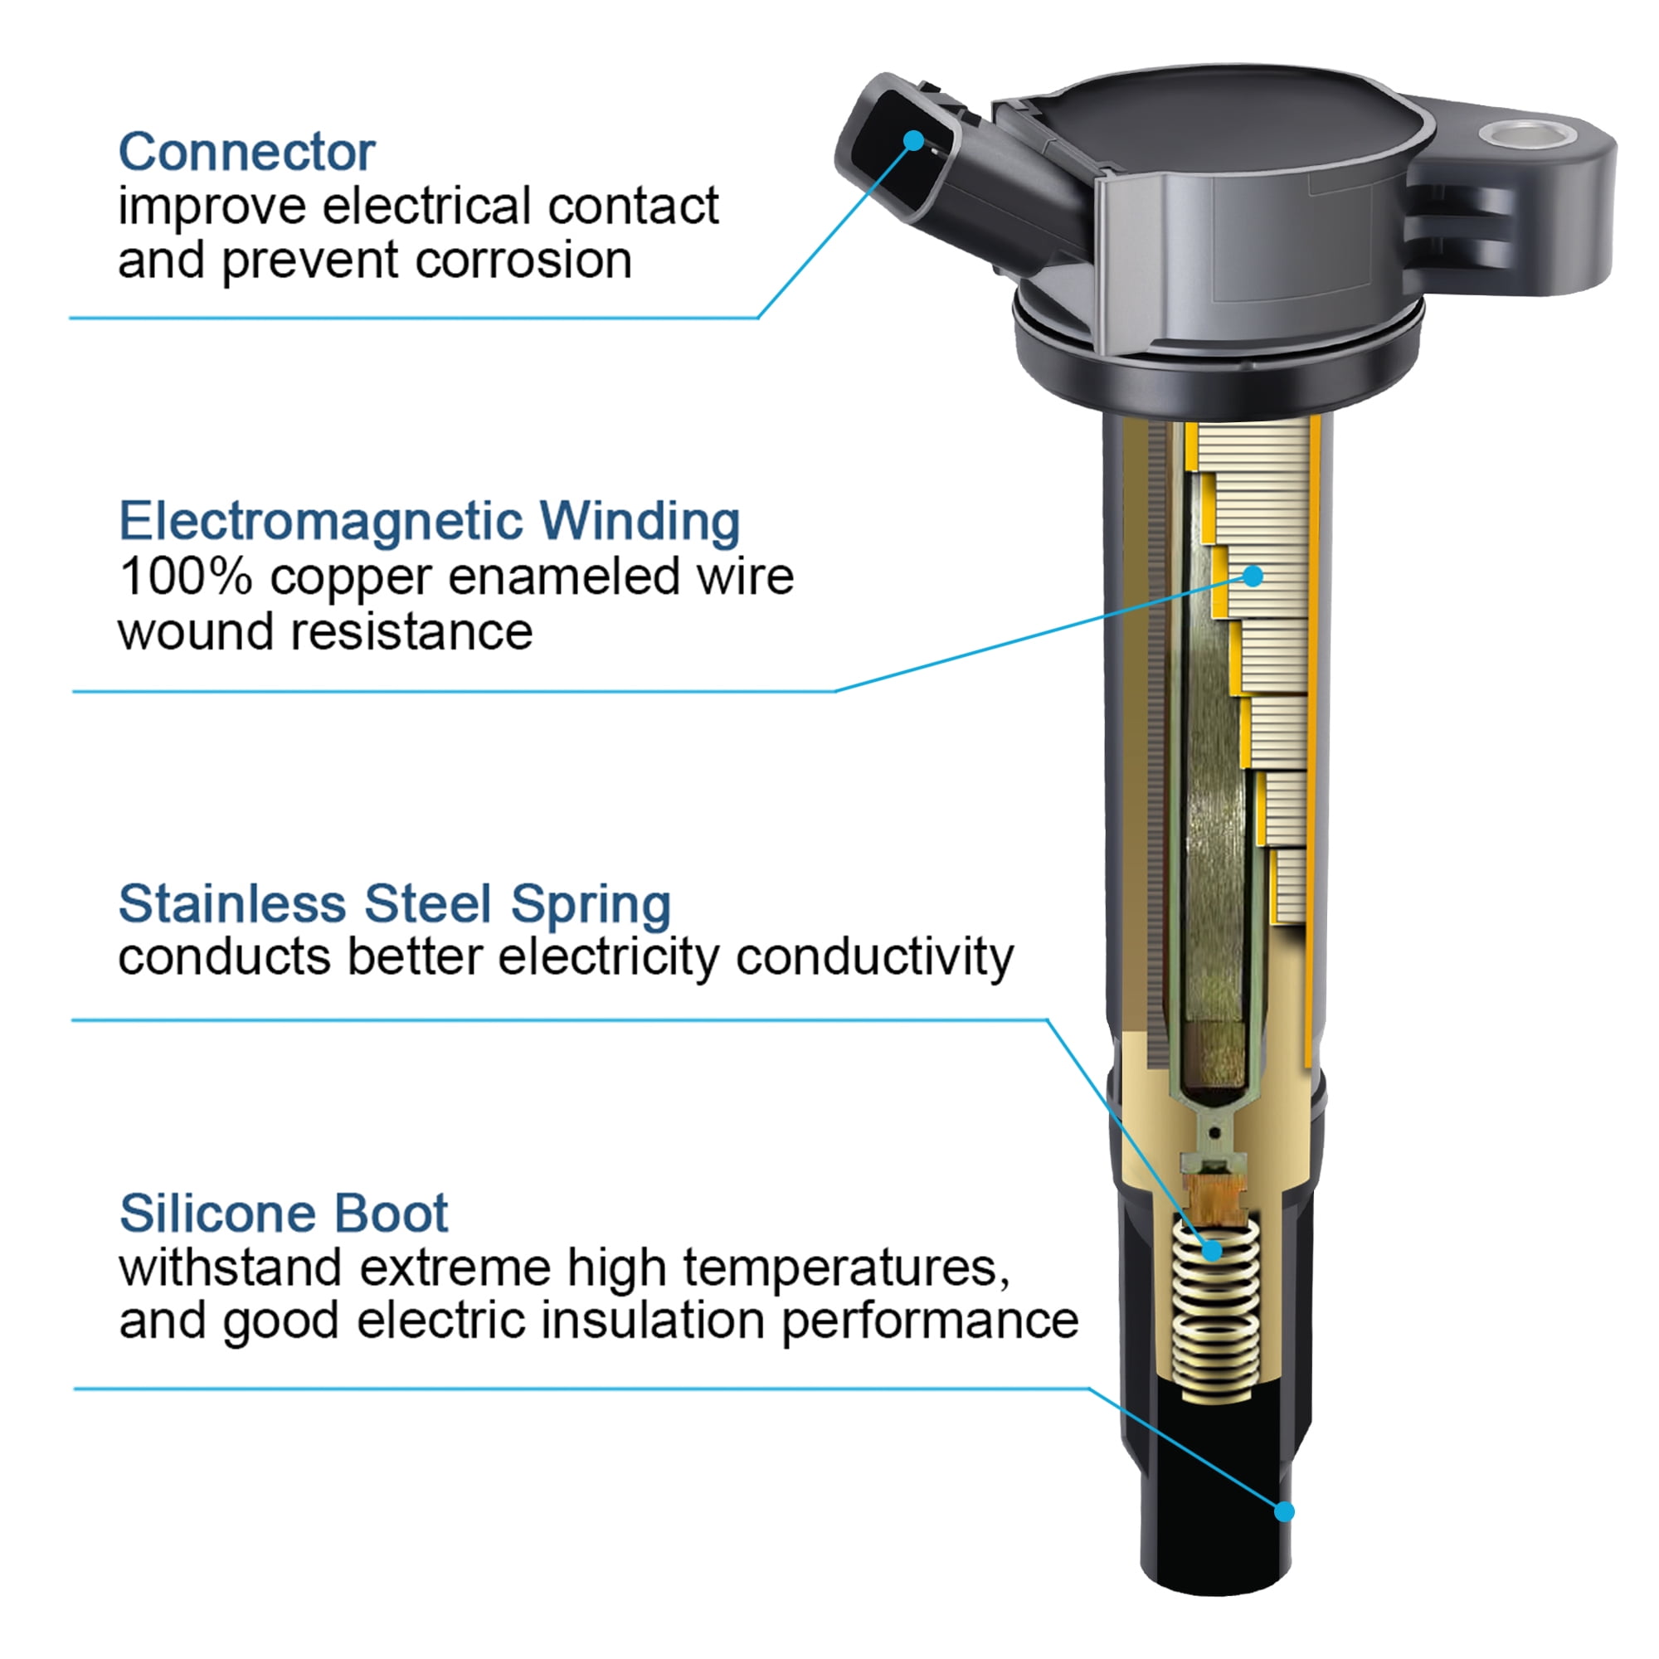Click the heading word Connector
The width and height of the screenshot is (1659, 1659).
[x=246, y=152]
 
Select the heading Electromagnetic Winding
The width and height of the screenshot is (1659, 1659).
[x=430, y=521]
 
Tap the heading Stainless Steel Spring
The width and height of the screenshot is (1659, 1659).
[x=395, y=904]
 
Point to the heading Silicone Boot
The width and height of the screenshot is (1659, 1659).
[x=284, y=1214]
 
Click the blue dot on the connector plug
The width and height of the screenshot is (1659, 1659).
[x=914, y=140]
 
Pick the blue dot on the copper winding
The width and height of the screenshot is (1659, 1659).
[x=1253, y=576]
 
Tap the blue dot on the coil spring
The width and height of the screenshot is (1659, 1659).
[x=1212, y=1250]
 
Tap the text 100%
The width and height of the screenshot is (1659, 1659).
[x=186, y=577]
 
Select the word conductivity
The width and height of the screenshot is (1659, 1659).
[x=875, y=957]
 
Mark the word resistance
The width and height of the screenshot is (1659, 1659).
[x=411, y=632]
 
